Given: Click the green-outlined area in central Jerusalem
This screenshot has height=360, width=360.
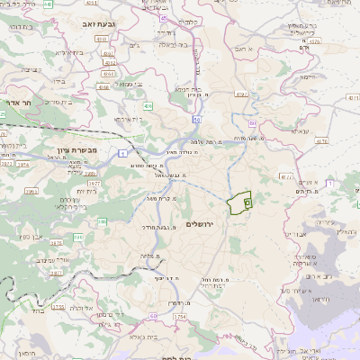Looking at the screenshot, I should pyautogui.click(x=238, y=204).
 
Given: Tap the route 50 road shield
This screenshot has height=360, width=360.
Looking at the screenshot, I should pyautogui.click(x=194, y=119).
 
